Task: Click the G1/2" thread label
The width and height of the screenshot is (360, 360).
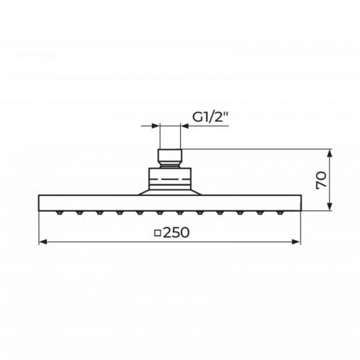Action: (x=209, y=114)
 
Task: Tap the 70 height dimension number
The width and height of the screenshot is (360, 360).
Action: (x=323, y=180)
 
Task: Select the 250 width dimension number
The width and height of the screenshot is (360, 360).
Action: (x=176, y=233)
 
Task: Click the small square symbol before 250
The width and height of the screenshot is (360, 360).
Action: (x=158, y=233)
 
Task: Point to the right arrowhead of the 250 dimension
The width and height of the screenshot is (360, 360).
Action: (x=297, y=243)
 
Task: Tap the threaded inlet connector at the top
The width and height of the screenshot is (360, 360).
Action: (x=170, y=156)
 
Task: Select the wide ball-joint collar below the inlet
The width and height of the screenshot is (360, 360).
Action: (x=170, y=176)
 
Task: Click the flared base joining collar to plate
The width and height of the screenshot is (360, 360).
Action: (x=170, y=191)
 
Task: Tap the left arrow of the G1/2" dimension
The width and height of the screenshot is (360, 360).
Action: (x=154, y=126)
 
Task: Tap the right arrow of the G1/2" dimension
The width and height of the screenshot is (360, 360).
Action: (x=186, y=126)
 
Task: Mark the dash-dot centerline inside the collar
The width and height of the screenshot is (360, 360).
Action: (x=170, y=175)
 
